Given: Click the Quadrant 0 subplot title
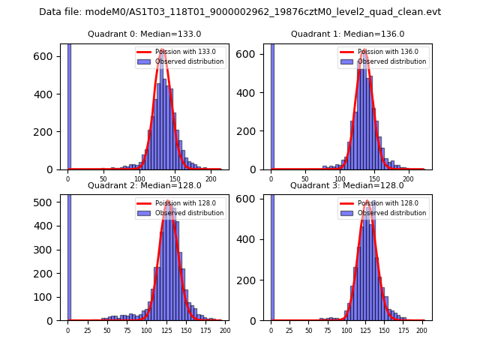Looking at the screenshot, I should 144,34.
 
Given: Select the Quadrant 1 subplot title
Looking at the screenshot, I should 347,34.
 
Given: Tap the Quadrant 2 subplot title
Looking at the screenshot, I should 144,185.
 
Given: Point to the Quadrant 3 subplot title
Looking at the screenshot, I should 347,185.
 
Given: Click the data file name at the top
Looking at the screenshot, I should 240,12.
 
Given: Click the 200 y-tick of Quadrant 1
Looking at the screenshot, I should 252,131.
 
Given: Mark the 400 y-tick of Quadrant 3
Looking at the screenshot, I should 252,239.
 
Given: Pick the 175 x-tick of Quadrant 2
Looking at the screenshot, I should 205,331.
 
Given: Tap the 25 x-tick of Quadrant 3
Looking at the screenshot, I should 289,331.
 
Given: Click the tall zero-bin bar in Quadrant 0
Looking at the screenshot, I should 69,105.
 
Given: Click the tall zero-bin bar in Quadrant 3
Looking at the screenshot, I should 272,255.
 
